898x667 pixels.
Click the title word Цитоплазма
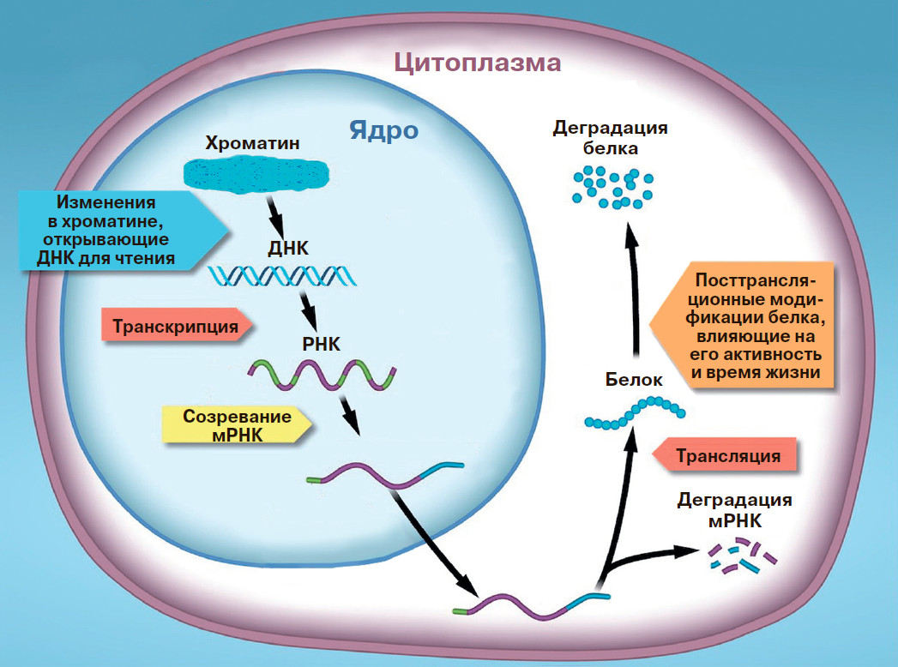(477, 63)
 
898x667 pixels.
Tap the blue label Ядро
(383, 131)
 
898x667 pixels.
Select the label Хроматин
(252, 143)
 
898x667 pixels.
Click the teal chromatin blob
(256, 177)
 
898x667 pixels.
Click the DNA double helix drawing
(282, 275)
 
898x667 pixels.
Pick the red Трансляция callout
(726, 455)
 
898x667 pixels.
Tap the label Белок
(635, 380)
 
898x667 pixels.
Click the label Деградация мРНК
(734, 510)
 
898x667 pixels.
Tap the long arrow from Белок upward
(635, 291)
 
